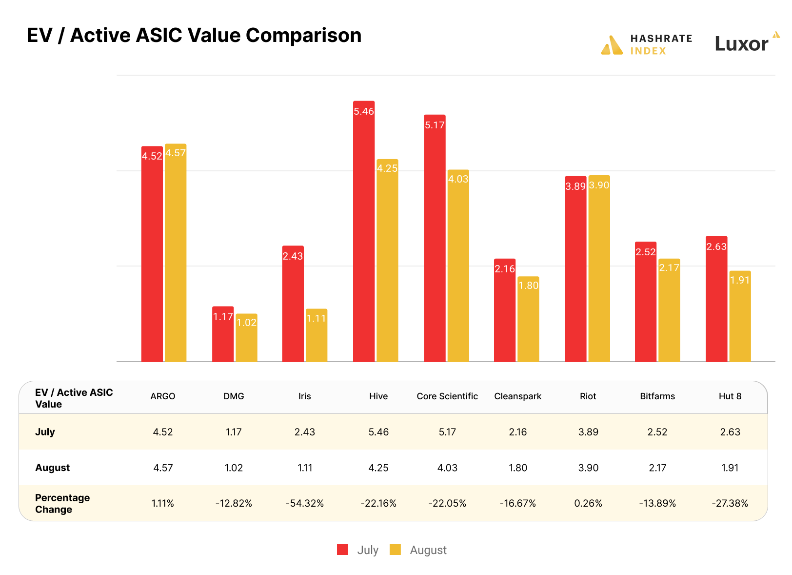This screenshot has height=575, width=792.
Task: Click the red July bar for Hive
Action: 364,234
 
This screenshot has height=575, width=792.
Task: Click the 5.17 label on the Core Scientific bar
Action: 435,125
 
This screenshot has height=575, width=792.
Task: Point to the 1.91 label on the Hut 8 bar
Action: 740,280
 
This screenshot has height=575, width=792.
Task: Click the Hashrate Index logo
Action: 647,45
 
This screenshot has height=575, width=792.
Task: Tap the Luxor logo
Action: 746,43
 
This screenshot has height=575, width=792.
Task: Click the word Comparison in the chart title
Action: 303,36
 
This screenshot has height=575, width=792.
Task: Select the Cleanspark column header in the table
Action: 517,396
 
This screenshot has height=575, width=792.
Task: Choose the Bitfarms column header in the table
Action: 657,396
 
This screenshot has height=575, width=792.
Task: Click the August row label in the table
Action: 53,468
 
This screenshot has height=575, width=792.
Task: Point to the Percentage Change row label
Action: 62,503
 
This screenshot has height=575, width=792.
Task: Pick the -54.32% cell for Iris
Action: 305,503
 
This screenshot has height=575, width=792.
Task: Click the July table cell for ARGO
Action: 163,432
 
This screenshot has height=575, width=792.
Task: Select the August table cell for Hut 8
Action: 730,468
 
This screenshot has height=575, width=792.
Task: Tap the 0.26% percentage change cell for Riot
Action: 588,503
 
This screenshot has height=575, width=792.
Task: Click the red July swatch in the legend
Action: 343,550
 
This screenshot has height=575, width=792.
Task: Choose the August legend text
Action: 428,550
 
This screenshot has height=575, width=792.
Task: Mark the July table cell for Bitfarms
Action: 657,432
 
